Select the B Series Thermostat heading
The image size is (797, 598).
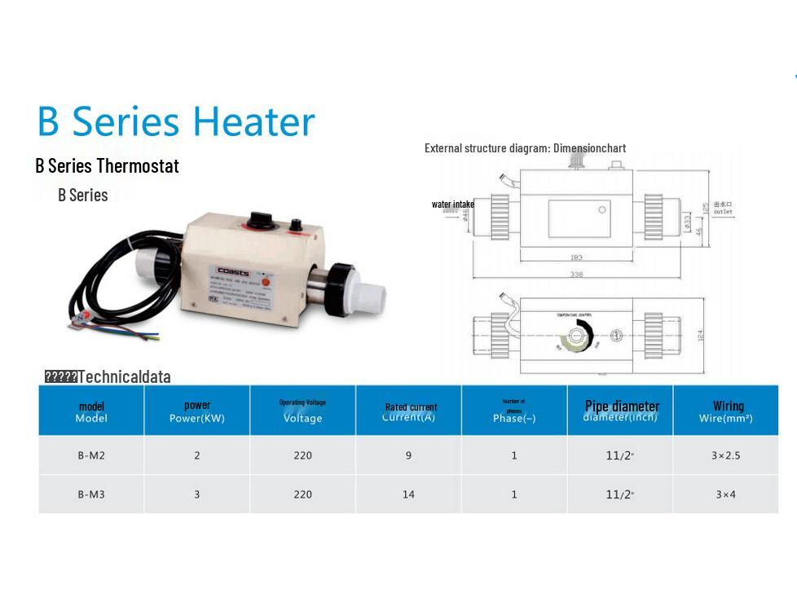click(x=107, y=165)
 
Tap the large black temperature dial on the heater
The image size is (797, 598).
click(x=261, y=219)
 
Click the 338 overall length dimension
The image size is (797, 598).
click(x=577, y=275)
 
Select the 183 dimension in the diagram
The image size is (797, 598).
click(x=577, y=257)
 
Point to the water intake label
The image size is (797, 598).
click(x=452, y=204)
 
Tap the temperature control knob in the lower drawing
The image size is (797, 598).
click(x=578, y=336)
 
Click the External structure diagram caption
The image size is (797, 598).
click(x=525, y=148)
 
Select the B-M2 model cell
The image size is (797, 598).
click(x=91, y=455)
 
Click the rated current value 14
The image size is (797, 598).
click(x=408, y=495)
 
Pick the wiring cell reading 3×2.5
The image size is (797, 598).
click(x=725, y=455)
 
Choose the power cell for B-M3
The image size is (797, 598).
click(x=196, y=495)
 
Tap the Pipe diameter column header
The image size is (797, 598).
click(x=622, y=407)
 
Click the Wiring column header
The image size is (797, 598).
click(x=727, y=407)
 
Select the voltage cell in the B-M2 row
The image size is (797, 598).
click(x=302, y=455)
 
